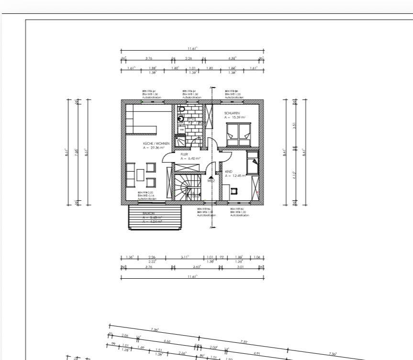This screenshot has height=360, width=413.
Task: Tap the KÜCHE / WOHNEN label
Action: (x=156, y=143)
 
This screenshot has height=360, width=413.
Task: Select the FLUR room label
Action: (x=184, y=154)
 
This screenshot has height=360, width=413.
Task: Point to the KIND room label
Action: (x=228, y=171)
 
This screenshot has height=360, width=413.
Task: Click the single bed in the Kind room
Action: (x=252, y=164)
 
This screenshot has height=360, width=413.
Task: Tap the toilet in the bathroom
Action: (x=182, y=109)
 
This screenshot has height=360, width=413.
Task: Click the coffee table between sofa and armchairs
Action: (x=140, y=175)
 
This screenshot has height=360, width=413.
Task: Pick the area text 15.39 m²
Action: (x=238, y=117)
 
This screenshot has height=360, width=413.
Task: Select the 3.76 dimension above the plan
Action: (x=149, y=58)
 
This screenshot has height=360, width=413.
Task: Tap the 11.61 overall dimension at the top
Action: (x=192, y=48)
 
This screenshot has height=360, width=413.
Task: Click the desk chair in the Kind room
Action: (x=234, y=191)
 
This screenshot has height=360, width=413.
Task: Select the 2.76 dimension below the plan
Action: (x=149, y=267)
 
